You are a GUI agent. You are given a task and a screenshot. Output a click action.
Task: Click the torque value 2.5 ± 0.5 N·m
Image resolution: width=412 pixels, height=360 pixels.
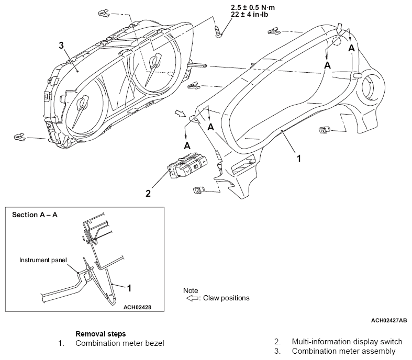(x=253, y=7)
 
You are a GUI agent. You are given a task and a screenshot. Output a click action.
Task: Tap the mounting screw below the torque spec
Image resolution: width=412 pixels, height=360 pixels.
(x=218, y=31)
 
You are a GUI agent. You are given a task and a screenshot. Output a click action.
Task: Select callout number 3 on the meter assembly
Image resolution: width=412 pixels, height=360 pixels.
(x=61, y=46)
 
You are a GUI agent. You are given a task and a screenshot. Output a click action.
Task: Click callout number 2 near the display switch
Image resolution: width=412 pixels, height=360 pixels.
(x=148, y=194)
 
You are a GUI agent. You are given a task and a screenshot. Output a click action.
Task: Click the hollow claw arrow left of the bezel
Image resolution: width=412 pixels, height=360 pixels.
(x=180, y=114)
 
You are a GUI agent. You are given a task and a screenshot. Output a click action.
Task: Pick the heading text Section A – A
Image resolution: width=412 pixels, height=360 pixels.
(x=35, y=215)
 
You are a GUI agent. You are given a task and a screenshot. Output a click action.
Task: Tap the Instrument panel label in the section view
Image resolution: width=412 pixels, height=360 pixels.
(x=43, y=260)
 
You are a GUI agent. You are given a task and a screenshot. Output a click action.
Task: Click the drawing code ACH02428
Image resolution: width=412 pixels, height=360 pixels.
(x=138, y=307)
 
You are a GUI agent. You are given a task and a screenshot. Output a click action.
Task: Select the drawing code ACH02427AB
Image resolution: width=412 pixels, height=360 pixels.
(x=389, y=320)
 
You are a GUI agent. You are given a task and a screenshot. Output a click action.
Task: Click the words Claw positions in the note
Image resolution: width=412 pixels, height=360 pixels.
(x=226, y=298)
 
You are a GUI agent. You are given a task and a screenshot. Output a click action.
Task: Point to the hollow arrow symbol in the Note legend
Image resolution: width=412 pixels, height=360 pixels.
(x=192, y=298)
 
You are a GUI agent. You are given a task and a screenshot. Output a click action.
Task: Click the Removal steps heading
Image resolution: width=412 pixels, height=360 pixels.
(x=101, y=334)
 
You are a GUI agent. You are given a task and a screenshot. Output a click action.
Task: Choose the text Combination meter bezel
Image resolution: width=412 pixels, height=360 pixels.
(x=120, y=343)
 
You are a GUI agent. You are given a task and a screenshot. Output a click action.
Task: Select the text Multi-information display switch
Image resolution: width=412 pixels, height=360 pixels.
(x=347, y=342)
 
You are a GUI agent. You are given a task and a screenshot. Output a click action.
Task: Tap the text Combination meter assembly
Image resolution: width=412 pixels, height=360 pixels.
(x=344, y=351)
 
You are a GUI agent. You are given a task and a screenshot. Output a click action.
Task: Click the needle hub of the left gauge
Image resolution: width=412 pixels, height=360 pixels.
(x=82, y=103)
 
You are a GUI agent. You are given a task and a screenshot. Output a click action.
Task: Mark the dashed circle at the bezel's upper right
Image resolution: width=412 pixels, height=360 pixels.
(x=336, y=41)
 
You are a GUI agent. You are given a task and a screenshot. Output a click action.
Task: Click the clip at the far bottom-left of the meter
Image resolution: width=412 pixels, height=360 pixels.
(x=19, y=137)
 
